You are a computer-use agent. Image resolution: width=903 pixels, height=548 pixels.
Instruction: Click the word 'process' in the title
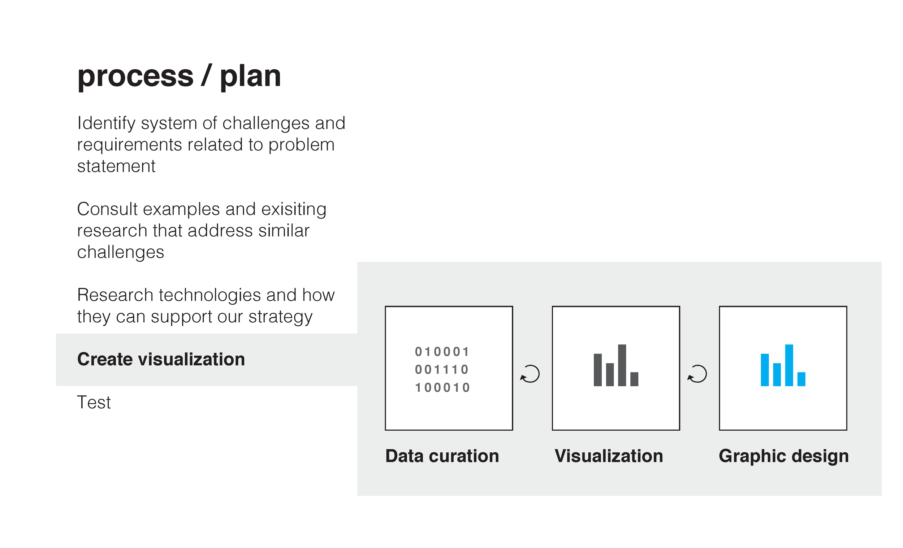(x=135, y=77)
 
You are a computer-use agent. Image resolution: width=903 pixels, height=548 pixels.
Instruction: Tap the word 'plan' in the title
(x=250, y=77)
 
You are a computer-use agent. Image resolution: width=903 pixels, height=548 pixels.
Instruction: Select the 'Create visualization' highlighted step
(x=161, y=359)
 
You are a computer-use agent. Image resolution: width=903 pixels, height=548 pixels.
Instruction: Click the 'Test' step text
(x=94, y=403)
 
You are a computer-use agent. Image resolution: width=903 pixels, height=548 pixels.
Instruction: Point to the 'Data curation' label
(x=442, y=456)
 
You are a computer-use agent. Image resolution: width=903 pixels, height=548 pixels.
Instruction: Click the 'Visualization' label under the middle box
(x=609, y=456)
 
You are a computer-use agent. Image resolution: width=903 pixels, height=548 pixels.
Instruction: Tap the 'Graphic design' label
(x=783, y=456)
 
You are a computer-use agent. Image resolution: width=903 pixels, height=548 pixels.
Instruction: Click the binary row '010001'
(x=442, y=352)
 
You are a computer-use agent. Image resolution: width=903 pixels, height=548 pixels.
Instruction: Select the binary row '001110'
(x=442, y=370)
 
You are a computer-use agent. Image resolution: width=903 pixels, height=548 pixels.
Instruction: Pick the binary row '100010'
(x=442, y=388)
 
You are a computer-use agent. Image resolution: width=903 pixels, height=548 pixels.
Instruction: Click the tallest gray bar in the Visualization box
(x=622, y=365)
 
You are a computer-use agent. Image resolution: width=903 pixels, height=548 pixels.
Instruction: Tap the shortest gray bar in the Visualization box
(x=634, y=379)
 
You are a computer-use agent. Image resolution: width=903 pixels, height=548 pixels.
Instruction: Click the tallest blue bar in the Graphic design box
(x=789, y=365)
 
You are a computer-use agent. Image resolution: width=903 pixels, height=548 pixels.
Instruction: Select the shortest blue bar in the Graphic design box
(x=802, y=379)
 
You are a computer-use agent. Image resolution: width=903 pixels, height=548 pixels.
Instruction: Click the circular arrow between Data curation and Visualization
(x=530, y=374)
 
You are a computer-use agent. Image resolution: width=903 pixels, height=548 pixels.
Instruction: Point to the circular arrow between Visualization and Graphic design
(x=697, y=374)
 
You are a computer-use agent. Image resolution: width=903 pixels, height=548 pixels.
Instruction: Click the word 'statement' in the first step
(x=116, y=166)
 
